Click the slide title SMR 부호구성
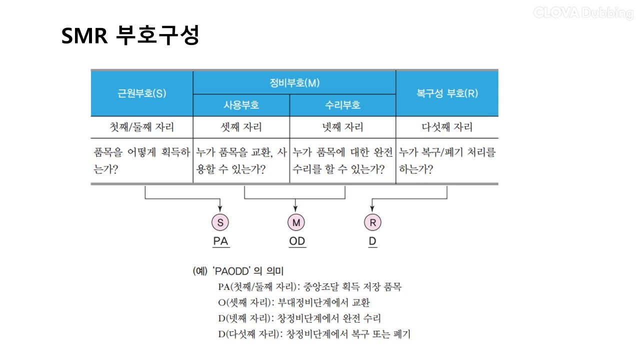(130, 35)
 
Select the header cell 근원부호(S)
(141, 93)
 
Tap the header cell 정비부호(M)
(294, 83)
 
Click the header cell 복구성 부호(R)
(447, 93)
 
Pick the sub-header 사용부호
(241, 105)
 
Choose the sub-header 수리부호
(342, 105)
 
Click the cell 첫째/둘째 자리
(141, 127)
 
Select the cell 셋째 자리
(241, 127)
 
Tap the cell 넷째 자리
(342, 127)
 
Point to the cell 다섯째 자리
(447, 127)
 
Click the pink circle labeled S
(220, 222)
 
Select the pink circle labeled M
(296, 222)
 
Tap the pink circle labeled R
(372, 222)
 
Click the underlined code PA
(221, 241)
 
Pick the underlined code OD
(297, 241)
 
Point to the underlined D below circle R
(372, 241)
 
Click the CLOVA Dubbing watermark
(583, 13)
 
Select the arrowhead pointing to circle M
(295, 209)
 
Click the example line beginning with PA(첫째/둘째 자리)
(309, 286)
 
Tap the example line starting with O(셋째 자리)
(294, 302)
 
